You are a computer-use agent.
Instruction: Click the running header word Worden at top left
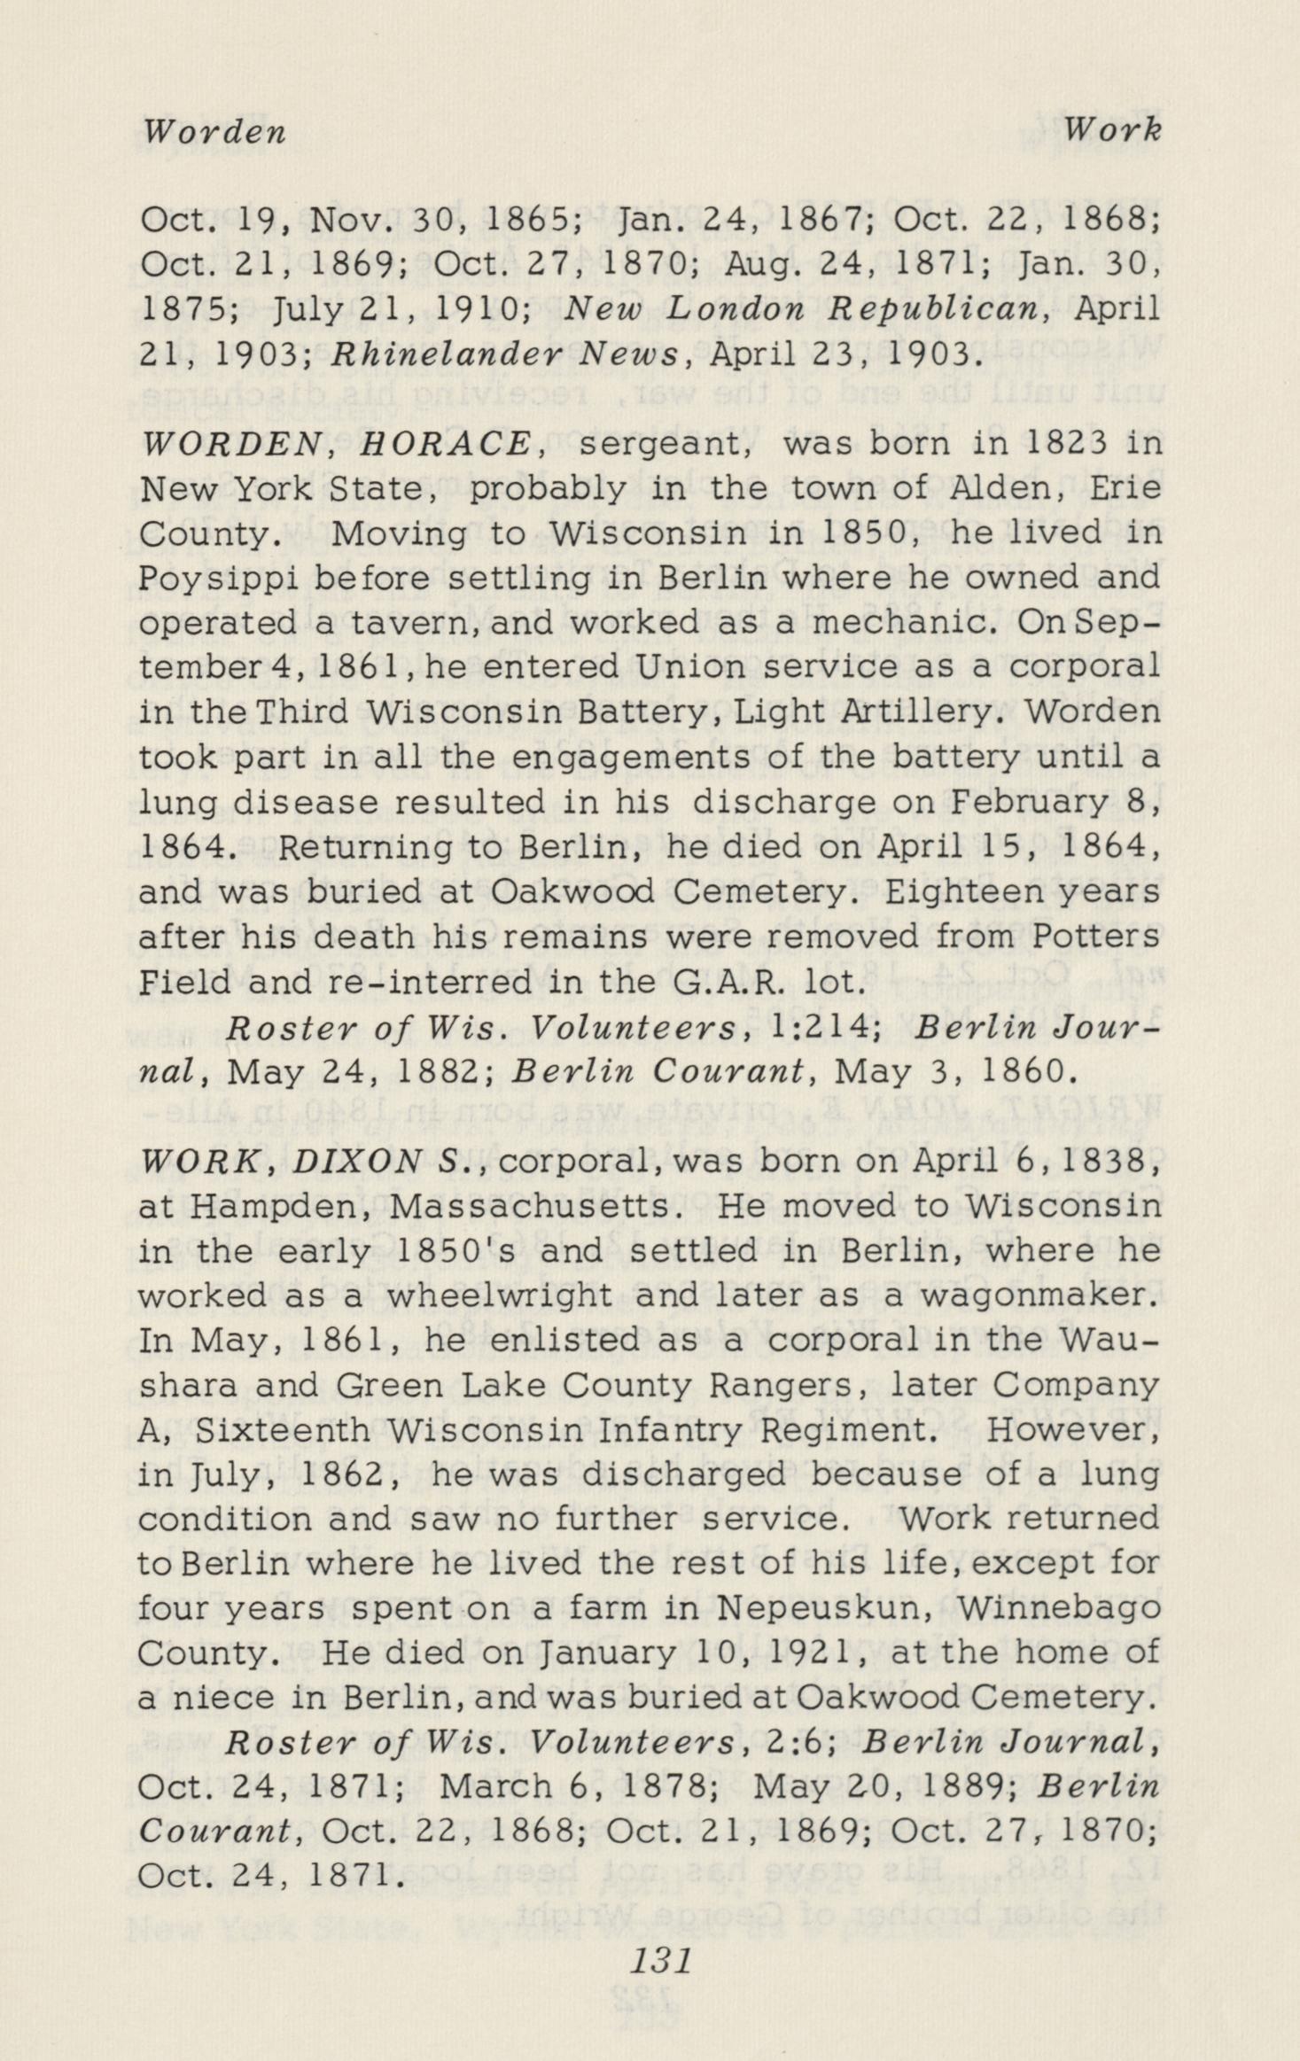click(214, 132)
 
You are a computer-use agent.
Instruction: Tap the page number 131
click(659, 1962)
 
